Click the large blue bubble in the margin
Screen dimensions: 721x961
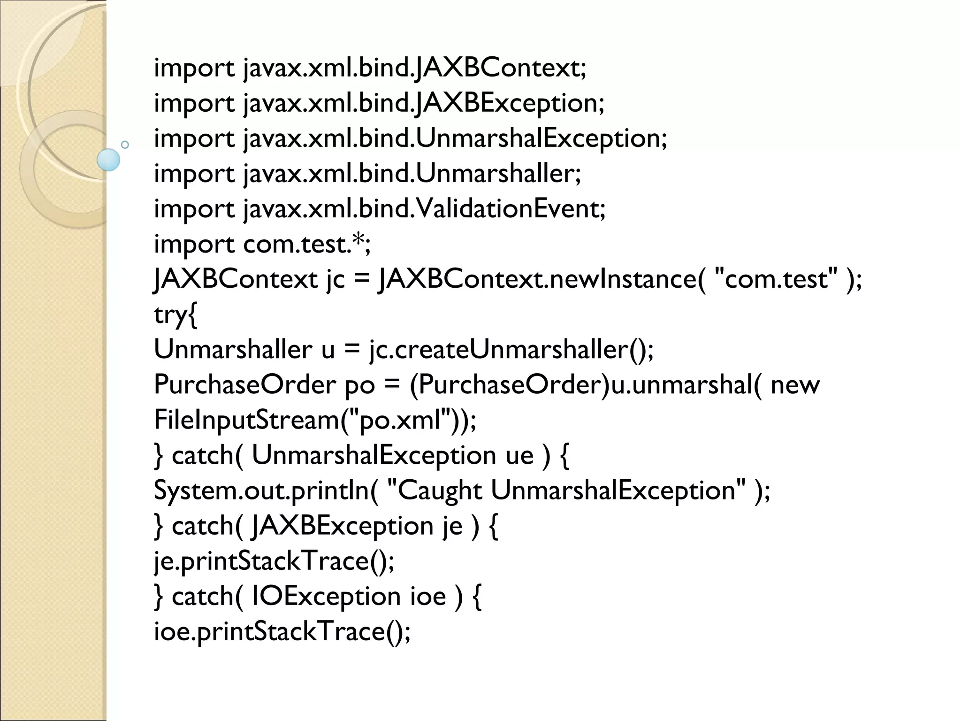108,160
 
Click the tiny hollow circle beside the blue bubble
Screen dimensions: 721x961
125,145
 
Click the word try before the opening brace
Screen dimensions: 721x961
170,314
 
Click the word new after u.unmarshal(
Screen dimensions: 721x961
795,385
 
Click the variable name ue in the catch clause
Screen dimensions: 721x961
519,455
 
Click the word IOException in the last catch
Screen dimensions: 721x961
326,597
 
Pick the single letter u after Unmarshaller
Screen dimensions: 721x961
328,350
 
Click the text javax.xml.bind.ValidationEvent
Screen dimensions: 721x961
424,208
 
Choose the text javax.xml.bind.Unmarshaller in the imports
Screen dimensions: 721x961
412,173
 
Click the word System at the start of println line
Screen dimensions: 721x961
197,491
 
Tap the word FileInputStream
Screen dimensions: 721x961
246,420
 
